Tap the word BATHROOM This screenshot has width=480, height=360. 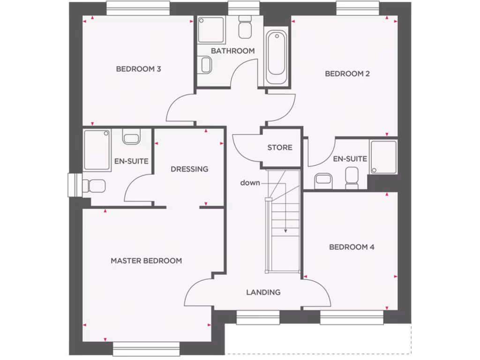[x=232, y=51]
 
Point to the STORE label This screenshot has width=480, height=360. [x=280, y=148]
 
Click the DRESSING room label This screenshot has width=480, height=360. [x=189, y=169]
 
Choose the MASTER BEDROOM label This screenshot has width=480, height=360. [x=146, y=261]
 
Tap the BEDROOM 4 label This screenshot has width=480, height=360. [x=352, y=247]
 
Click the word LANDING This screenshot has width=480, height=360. [x=263, y=292]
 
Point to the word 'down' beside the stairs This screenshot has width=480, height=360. [x=250, y=183]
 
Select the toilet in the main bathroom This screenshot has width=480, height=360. [x=245, y=28]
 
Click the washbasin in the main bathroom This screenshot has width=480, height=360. [x=205, y=65]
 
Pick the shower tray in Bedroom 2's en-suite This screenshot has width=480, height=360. [x=383, y=157]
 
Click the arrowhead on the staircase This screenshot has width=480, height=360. [x=285, y=230]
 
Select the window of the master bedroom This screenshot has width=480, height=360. [x=146, y=348]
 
